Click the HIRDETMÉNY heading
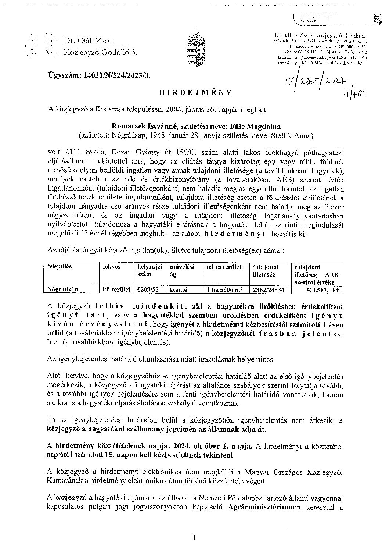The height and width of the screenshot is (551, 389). click(195, 92)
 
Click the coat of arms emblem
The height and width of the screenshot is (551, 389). click(195, 48)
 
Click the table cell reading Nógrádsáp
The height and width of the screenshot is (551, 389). click(60, 289)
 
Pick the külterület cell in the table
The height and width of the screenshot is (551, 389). click(117, 289)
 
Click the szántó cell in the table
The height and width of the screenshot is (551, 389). click(179, 289)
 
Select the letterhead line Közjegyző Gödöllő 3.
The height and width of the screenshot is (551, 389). click(100, 53)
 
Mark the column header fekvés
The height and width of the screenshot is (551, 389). click(112, 267)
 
